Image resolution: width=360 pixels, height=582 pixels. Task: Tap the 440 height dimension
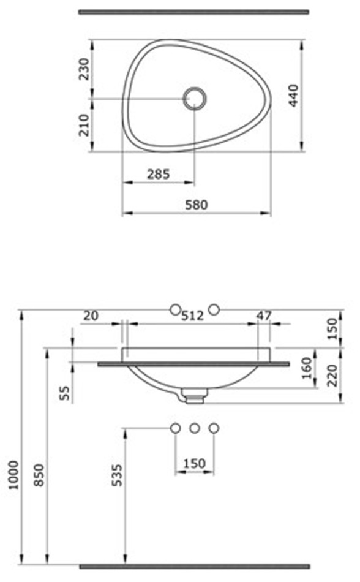coord(293,96)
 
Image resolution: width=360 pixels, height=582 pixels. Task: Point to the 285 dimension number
coord(159,174)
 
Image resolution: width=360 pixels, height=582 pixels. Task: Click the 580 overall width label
coord(197,205)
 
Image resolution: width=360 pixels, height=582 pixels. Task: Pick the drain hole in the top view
coord(195,99)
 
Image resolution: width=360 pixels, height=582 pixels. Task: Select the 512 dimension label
coord(192,316)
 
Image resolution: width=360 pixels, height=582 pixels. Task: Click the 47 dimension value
coord(264,316)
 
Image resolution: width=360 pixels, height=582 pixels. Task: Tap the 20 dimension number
coord(91,316)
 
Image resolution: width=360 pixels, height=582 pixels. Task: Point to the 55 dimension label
coord(64,393)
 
